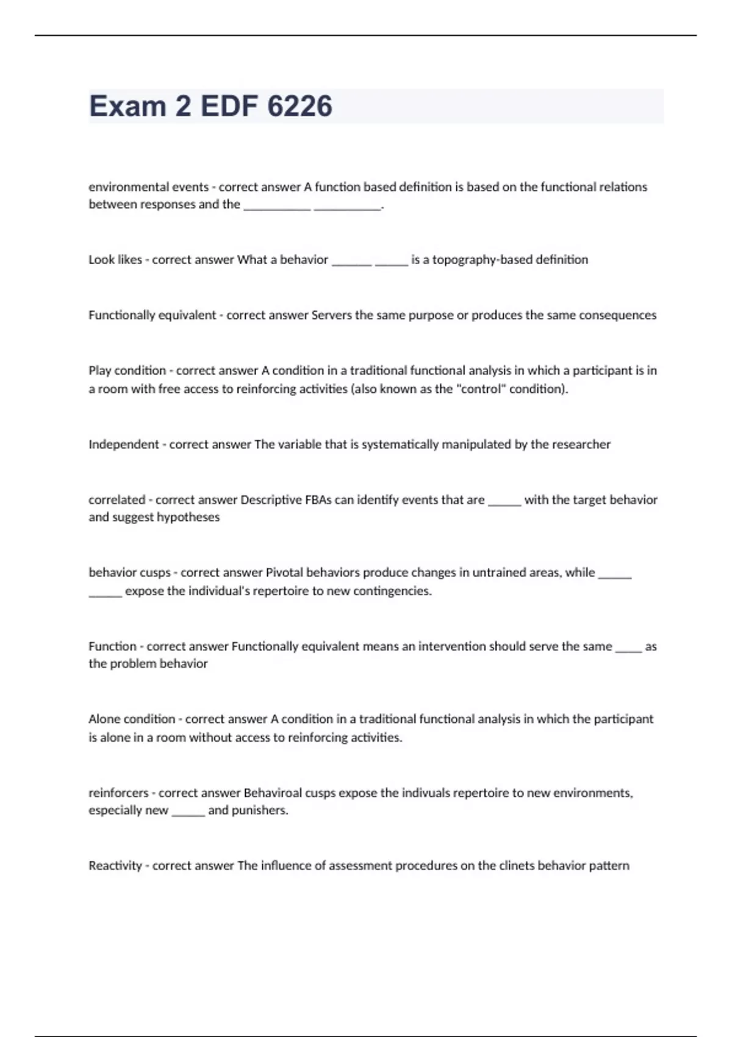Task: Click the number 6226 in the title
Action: click(300, 106)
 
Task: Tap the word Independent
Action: click(123, 445)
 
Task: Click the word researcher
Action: click(581, 445)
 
